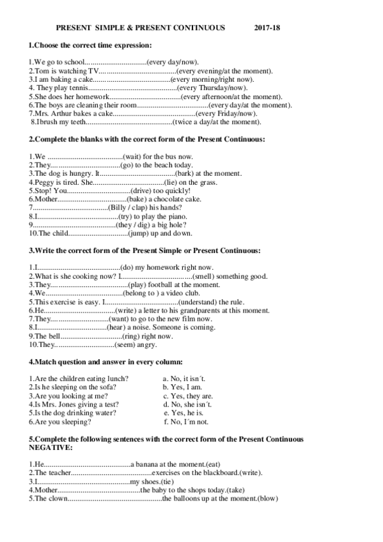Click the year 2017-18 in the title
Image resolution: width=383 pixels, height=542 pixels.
[x=267, y=28]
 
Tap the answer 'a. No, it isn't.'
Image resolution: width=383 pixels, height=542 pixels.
[x=184, y=378]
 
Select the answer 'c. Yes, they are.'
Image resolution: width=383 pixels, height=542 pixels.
[x=187, y=396]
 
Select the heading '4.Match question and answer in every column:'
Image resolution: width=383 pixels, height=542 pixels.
[x=106, y=362]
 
